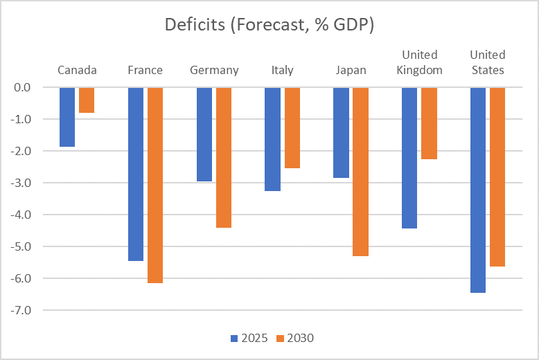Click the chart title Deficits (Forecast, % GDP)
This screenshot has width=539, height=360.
tap(269, 25)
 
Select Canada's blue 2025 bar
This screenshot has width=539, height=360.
tap(67, 117)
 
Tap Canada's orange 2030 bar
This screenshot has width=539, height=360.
tap(87, 100)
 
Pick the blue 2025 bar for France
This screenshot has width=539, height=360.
tap(135, 174)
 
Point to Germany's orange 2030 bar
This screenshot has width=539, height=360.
tap(223, 157)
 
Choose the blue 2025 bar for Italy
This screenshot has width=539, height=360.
tap(272, 139)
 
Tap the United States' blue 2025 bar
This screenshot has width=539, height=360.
tap(478, 190)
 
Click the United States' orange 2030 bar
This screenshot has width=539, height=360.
tap(497, 177)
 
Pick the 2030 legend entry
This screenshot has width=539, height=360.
tap(295, 339)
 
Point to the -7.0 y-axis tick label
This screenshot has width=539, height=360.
tap(32, 310)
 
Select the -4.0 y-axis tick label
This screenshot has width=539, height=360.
tap(32, 215)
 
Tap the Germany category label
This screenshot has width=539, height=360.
tap(214, 70)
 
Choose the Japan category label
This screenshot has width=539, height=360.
tap(351, 70)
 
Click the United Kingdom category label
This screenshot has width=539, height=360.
tap(419, 62)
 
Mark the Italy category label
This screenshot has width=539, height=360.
tap(283, 70)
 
